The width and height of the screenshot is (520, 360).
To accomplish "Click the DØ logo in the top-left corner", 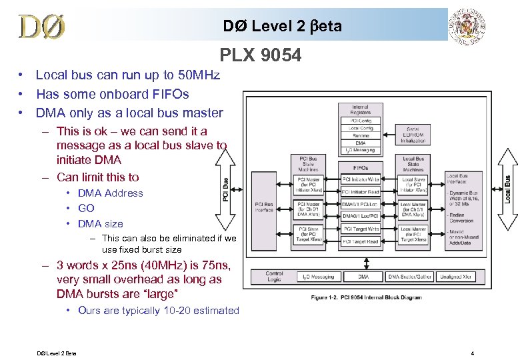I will (x=42, y=27).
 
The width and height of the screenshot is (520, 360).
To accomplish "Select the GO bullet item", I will (x=87, y=208).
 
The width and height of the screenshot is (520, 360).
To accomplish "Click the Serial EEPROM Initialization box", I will (x=413, y=134).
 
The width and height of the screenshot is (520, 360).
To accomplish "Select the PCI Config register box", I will (x=361, y=121).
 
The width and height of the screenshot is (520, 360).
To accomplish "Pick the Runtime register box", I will (x=361, y=135).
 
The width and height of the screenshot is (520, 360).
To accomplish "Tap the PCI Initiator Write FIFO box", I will (x=361, y=179).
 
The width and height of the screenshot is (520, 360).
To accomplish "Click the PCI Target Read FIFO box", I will (x=361, y=241).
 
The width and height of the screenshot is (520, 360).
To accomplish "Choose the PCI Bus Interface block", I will (x=264, y=207).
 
